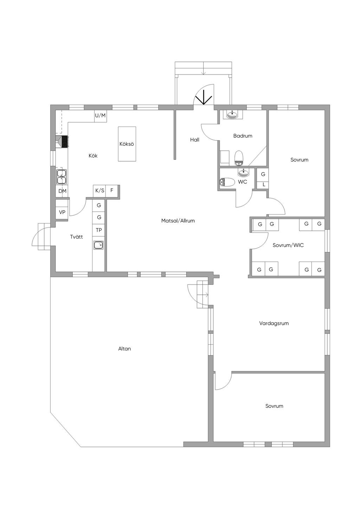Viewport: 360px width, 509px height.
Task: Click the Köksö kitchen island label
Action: tap(127, 144)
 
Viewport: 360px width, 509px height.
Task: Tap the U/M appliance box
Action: tap(101, 116)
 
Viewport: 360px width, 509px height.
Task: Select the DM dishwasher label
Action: tap(62, 191)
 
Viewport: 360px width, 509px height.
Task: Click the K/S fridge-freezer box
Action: tap(99, 191)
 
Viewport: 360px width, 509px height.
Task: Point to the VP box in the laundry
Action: tap(62, 213)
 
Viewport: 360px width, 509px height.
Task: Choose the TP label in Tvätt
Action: tap(99, 230)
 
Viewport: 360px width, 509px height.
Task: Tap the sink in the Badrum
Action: tap(232, 115)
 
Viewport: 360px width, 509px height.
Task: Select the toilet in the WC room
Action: tap(227, 182)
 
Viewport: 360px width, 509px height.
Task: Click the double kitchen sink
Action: tap(62, 177)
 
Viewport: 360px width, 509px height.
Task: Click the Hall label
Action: tap(195, 139)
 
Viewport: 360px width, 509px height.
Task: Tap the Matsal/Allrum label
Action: tap(178, 221)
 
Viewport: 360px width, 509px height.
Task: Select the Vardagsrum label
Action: tap(274, 324)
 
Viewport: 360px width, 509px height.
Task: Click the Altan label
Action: tap(124, 348)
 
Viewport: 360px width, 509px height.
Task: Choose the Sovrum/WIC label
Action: tap(288, 246)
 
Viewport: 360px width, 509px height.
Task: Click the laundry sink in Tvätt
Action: tap(98, 245)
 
